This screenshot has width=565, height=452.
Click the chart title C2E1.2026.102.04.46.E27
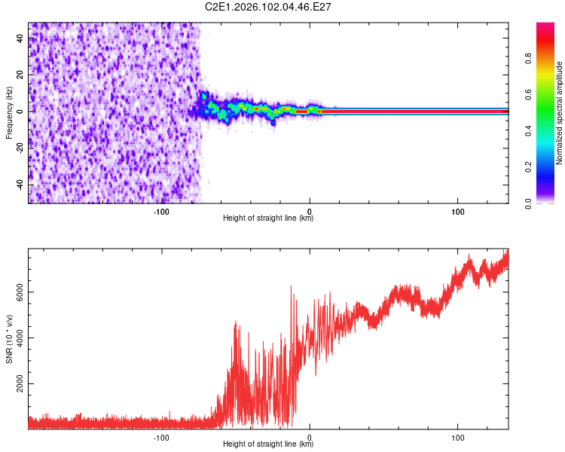[268, 7]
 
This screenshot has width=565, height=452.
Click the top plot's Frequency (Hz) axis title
[9, 111]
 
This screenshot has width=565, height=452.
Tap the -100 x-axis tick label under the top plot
[161, 211]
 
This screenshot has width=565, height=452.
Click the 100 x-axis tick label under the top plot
[457, 211]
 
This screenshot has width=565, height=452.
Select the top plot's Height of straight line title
[268, 218]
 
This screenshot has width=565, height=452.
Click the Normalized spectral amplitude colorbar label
[559, 113]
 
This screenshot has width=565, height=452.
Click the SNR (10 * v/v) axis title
[9, 339]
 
